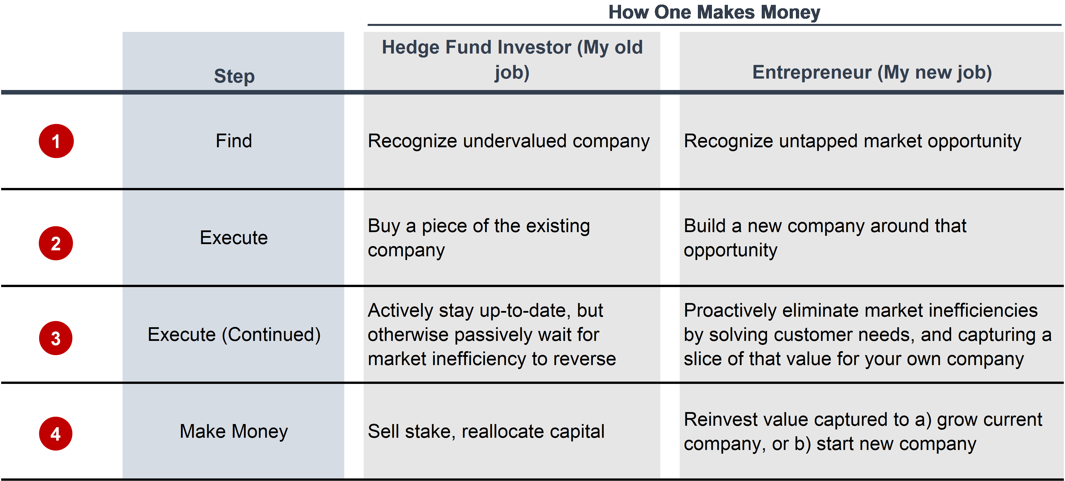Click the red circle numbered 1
point(56,141)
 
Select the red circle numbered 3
point(56,338)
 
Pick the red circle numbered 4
point(56,433)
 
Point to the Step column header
point(234,76)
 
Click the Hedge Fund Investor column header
point(512,60)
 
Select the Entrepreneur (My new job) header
point(872,72)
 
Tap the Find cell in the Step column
point(234,141)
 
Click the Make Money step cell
point(234,431)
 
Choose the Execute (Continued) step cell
point(234,334)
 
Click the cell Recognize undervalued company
point(508,141)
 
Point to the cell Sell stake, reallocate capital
point(486,432)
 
